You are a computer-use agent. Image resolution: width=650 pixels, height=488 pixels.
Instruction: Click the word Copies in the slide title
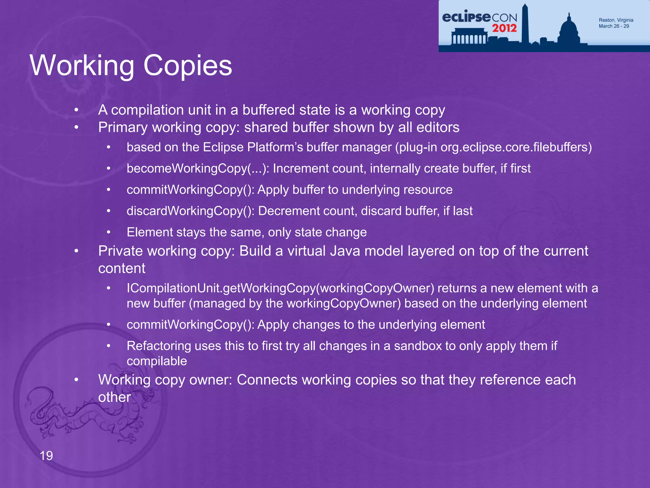point(188,66)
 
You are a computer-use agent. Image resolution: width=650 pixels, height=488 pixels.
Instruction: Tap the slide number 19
point(46,456)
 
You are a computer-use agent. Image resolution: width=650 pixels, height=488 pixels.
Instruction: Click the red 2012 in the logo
point(504,28)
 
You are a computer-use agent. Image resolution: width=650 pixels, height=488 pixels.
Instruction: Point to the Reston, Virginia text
point(616,20)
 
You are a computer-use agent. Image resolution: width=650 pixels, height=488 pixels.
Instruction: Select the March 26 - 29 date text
point(614,26)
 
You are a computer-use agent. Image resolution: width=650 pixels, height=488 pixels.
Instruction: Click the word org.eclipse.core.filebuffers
point(516,147)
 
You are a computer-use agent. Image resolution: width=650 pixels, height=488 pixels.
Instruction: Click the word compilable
point(157,361)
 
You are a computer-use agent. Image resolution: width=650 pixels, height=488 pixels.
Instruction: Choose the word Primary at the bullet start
point(123,127)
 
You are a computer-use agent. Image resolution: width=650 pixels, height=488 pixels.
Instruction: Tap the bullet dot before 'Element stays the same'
point(109,232)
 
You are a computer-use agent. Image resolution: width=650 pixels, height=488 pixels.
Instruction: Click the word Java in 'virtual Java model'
point(345,251)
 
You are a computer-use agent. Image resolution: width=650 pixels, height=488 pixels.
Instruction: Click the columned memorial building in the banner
point(468,37)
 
